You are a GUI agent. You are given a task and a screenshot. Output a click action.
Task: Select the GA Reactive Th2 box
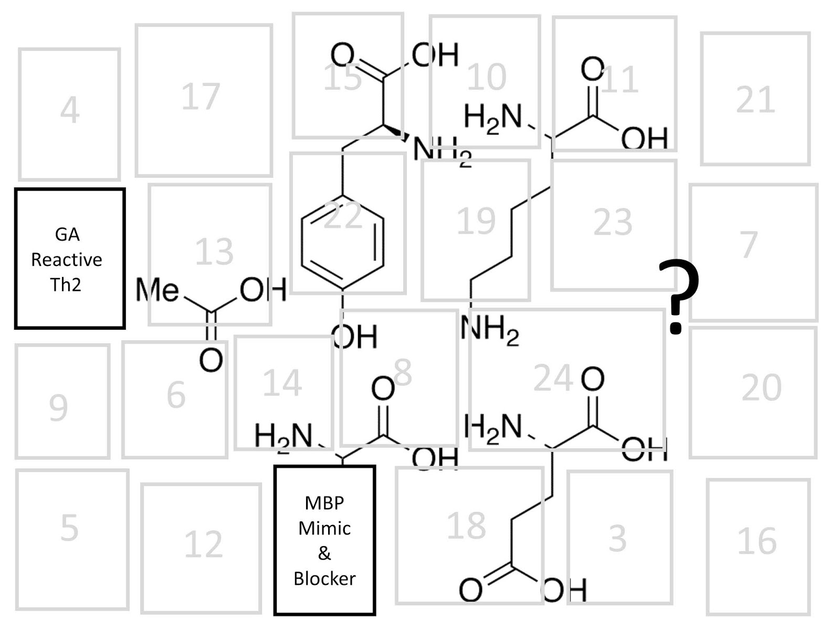point(70,258)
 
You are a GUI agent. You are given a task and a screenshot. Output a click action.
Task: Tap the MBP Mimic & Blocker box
point(324,540)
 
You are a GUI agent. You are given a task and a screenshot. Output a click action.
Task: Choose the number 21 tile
point(755,100)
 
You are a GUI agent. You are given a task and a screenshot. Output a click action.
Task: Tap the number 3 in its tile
point(617,538)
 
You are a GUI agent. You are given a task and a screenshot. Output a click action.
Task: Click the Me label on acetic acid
point(157,290)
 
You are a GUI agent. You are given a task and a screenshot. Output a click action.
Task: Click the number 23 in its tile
point(613,223)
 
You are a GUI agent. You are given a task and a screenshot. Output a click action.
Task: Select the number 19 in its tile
point(476,221)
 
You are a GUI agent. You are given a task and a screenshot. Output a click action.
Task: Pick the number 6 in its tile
point(176,395)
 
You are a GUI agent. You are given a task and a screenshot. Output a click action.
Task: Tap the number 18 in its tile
point(466,526)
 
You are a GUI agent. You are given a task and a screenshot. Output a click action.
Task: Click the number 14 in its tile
point(282,383)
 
